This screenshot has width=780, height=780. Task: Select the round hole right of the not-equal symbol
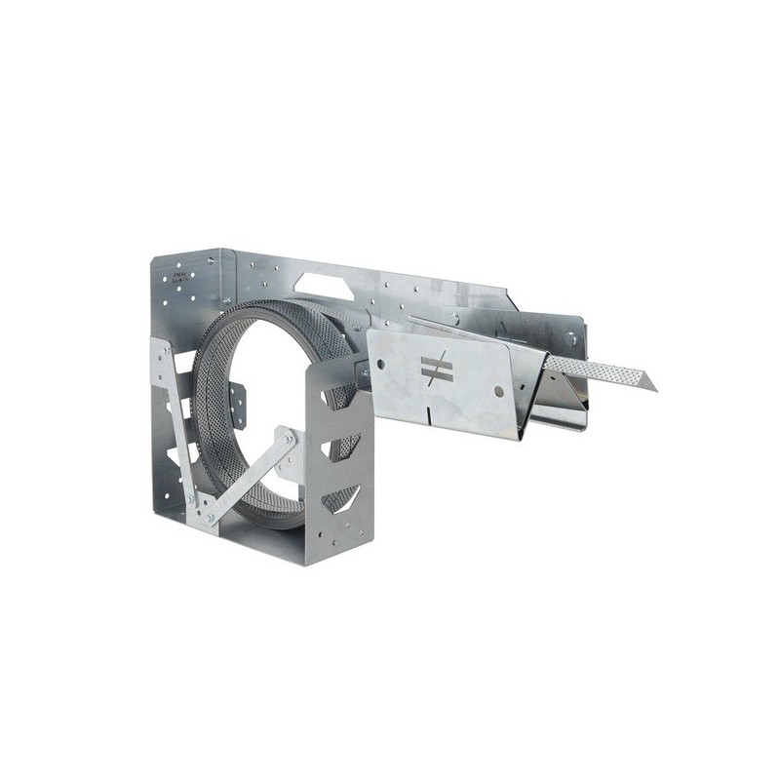pos(498,390)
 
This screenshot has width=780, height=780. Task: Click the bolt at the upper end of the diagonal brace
pos(290,440)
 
